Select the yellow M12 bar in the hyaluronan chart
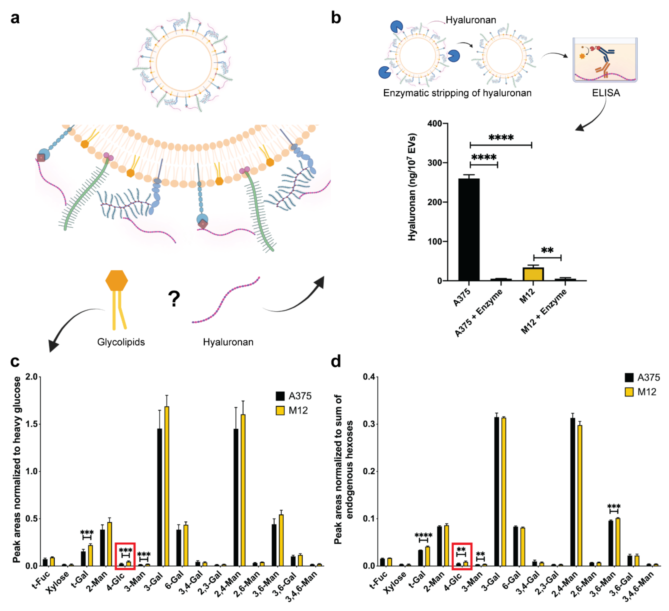click(533, 274)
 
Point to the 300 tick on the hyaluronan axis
click(435, 163)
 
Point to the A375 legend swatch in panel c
click(280, 396)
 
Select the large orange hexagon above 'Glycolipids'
click(116, 281)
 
